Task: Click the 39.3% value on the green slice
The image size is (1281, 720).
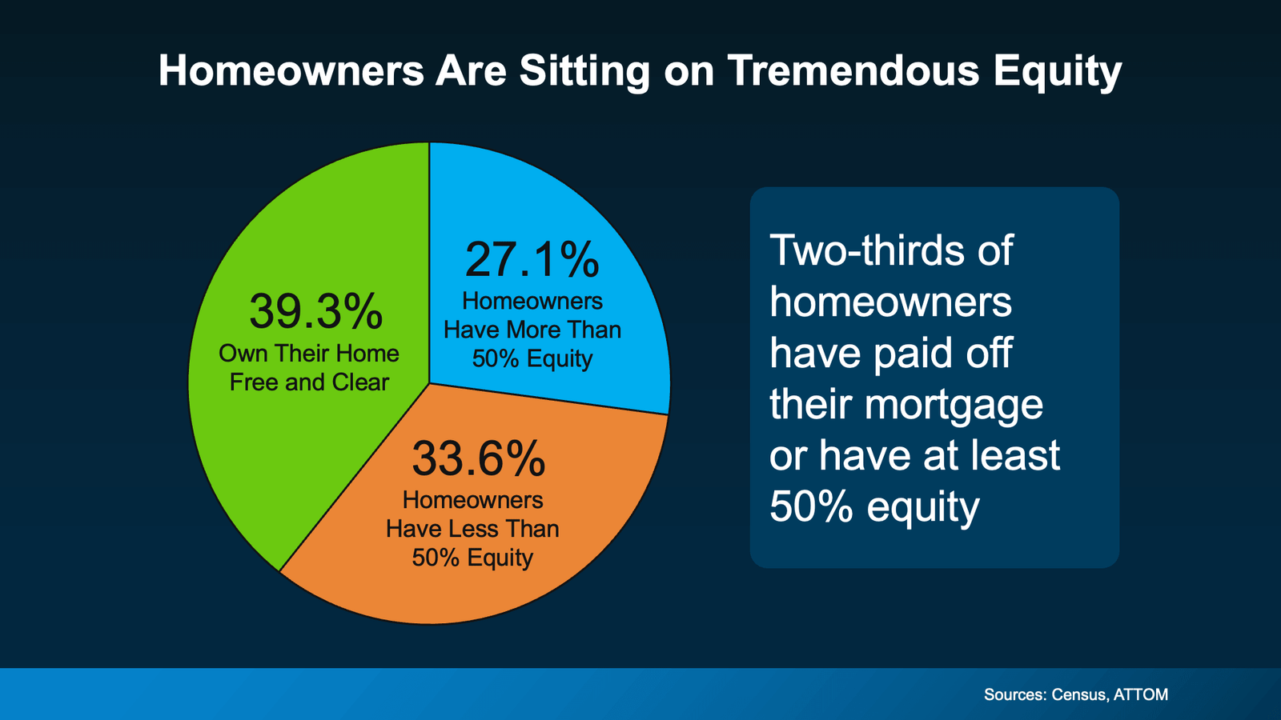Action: click(x=315, y=311)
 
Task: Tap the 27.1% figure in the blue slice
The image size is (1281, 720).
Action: click(x=532, y=260)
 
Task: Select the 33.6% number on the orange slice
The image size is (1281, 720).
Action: click(x=478, y=458)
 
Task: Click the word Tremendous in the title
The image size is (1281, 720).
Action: click(x=853, y=70)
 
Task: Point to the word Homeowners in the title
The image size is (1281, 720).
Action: click(x=291, y=70)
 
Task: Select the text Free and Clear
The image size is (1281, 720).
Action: click(x=309, y=382)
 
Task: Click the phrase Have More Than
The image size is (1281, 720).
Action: click(x=532, y=330)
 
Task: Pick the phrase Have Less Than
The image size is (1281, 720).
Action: click(x=472, y=529)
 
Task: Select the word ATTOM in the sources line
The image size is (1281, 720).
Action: click(x=1140, y=694)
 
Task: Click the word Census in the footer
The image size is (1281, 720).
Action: click(x=1080, y=694)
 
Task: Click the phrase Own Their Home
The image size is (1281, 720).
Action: click(x=309, y=354)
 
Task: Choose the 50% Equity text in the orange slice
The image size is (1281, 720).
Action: click(x=472, y=558)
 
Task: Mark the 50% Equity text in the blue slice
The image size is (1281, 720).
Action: click(x=532, y=358)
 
